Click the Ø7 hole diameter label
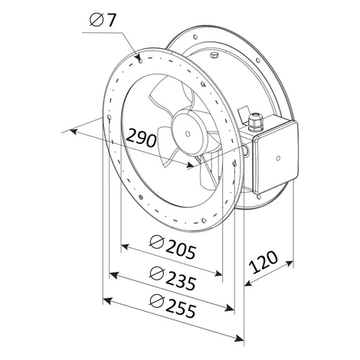tap(103, 20)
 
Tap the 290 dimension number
tap(142, 138)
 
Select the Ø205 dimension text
tap(173, 247)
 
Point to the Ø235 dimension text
tap(173, 279)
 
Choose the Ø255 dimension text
tap(173, 306)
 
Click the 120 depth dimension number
tap(263, 262)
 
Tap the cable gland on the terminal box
tap(254, 123)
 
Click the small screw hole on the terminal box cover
tap(278, 159)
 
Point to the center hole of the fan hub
tap(188, 134)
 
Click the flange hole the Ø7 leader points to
tap(141, 61)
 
